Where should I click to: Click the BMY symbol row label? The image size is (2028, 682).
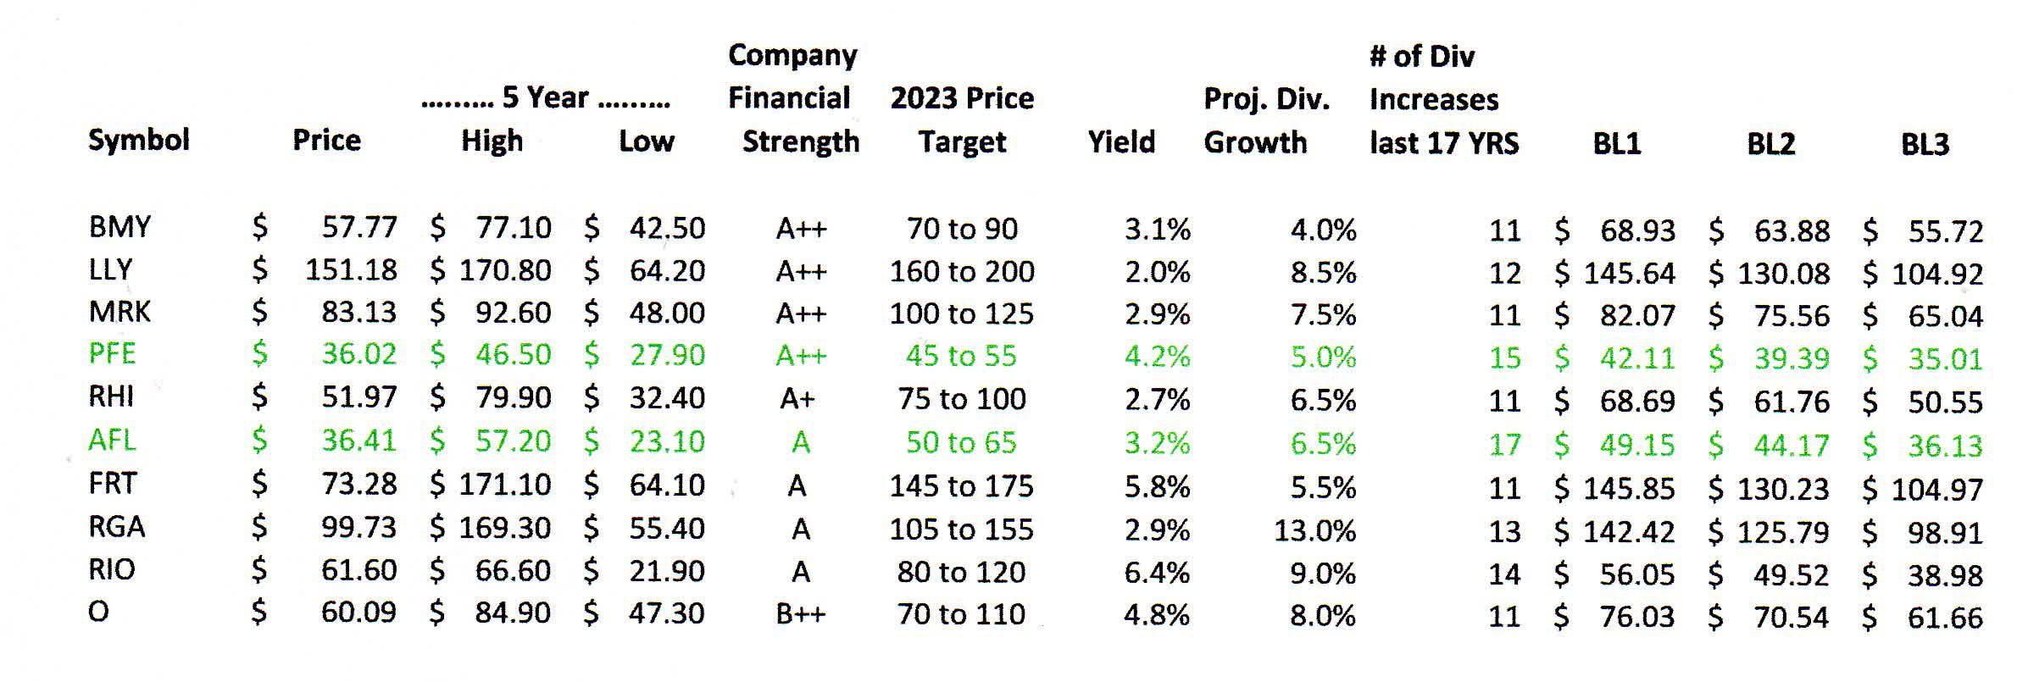point(119,227)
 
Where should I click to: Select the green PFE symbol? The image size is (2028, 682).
point(112,353)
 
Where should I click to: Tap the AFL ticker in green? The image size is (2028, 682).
point(111,440)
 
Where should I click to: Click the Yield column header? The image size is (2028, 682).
point(1121,141)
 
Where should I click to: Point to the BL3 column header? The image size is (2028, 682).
point(1925,144)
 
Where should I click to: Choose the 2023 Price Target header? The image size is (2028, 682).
point(962,119)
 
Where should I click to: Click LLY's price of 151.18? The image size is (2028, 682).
point(351,270)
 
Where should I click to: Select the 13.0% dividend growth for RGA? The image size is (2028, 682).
point(1314,530)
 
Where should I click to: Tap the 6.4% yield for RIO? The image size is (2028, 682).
point(1157,573)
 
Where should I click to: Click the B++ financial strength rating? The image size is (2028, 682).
point(800,614)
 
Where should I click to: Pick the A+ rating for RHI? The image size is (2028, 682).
point(797,398)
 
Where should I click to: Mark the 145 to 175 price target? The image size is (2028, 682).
point(961,486)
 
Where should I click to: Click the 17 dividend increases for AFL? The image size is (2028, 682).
point(1504,445)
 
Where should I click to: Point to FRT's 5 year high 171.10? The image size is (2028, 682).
point(505,485)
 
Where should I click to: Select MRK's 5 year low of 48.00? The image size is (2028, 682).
point(666,313)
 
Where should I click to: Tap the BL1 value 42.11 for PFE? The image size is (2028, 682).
point(1636,358)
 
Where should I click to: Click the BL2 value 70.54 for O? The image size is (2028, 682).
point(1791,618)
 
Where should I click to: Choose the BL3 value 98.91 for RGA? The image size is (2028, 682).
point(1945,533)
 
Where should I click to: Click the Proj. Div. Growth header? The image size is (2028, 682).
point(1265,120)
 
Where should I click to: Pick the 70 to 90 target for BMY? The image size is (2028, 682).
point(962,229)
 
